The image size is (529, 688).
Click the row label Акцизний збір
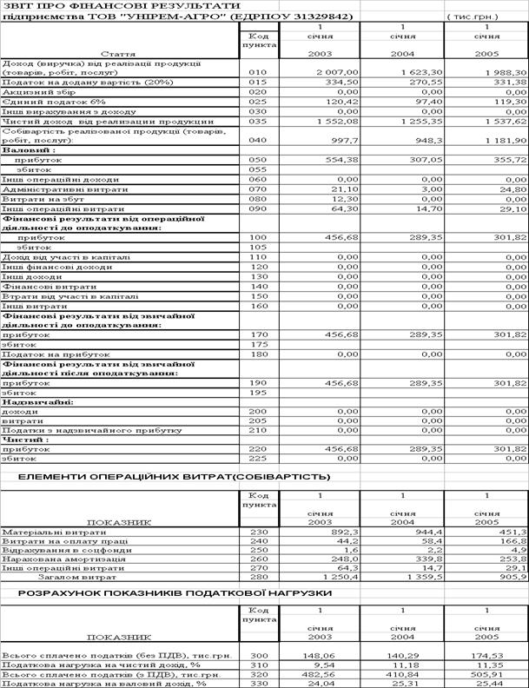(36, 93)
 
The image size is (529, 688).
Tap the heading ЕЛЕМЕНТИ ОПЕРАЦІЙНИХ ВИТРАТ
(175, 476)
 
